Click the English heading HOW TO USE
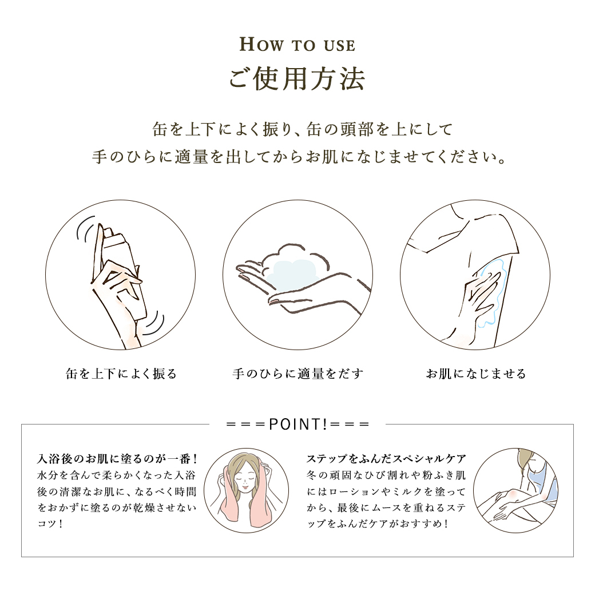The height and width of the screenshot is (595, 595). (297, 45)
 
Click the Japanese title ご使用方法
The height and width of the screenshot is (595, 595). (297, 79)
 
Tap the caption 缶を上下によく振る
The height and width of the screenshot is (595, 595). (121, 374)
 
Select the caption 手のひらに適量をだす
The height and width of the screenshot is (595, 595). (298, 374)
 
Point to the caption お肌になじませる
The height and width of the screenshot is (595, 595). (476, 374)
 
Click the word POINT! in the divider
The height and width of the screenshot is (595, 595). (298, 425)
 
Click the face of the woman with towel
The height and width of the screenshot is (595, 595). (246, 478)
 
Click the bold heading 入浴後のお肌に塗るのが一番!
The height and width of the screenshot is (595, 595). (117, 459)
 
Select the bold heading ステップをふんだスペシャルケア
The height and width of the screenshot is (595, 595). (386, 459)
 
